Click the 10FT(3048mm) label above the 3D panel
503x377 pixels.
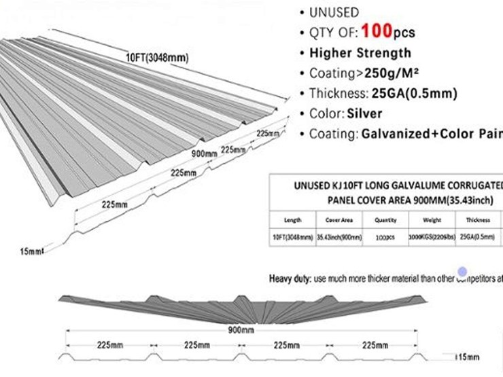(156, 58)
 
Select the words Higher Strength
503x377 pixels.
(360, 53)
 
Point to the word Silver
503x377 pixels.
(366, 113)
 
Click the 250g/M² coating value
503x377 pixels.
(385, 73)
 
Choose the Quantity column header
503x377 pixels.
(385, 221)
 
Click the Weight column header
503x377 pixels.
(432, 221)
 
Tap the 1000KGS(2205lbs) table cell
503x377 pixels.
(432, 238)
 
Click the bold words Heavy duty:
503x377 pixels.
(290, 279)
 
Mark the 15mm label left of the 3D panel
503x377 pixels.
(32, 252)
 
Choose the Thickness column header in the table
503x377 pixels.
(479, 221)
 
